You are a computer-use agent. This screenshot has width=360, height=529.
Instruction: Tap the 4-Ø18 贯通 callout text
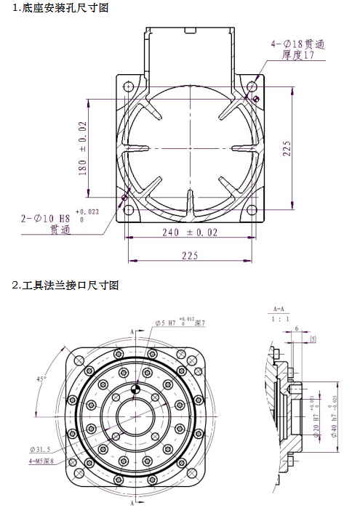[297, 44]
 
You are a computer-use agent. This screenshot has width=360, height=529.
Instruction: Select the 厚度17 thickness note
[299, 56]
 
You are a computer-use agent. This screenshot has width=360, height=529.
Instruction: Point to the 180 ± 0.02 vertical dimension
[83, 148]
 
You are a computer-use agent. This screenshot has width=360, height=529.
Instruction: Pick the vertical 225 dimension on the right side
[288, 148]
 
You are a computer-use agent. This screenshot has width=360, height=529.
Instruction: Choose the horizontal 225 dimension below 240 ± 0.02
[190, 255]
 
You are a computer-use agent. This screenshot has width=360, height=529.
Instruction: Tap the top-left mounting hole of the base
[128, 86]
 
